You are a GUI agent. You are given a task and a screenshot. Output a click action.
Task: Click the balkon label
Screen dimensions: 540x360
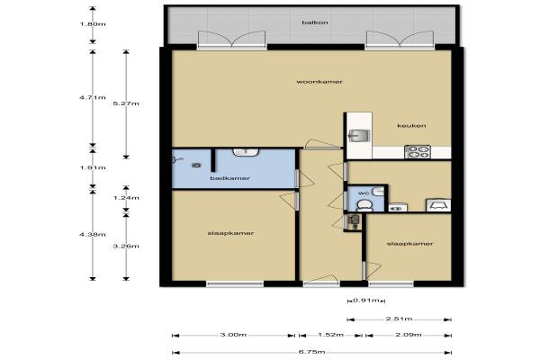(315, 22)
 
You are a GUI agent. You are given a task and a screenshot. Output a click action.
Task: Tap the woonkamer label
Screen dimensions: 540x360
(319, 82)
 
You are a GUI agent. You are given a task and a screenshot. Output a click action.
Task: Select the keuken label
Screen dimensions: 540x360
(411, 126)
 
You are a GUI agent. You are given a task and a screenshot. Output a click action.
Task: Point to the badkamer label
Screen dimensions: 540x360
(230, 178)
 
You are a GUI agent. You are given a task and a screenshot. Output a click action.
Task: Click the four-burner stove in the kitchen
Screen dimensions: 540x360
(418, 152)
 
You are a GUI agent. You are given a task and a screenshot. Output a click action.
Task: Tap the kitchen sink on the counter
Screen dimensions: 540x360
(359, 135)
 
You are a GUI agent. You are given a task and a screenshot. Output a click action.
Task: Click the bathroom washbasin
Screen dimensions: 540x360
(246, 152)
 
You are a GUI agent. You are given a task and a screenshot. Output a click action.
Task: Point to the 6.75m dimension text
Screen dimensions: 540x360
(312, 352)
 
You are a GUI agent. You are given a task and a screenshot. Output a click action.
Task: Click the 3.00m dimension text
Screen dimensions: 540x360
(233, 335)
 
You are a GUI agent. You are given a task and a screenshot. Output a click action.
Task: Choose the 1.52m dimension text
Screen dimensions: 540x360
(330, 335)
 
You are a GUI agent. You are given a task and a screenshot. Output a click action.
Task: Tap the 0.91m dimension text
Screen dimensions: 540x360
(366, 301)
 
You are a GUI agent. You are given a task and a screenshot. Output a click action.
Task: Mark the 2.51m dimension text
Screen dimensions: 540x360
(399, 319)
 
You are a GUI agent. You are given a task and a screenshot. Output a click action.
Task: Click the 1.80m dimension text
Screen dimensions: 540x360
(93, 24)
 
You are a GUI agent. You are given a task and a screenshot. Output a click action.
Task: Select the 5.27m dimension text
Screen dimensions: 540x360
(126, 103)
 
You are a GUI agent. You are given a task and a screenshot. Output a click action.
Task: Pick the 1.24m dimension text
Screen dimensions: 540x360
(126, 198)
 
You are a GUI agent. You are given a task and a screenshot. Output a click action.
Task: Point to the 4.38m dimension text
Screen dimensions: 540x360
(93, 235)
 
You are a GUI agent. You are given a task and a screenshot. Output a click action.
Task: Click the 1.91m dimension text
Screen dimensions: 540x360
(93, 167)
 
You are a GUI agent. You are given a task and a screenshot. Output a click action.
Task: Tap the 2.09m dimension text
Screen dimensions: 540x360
(408, 335)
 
